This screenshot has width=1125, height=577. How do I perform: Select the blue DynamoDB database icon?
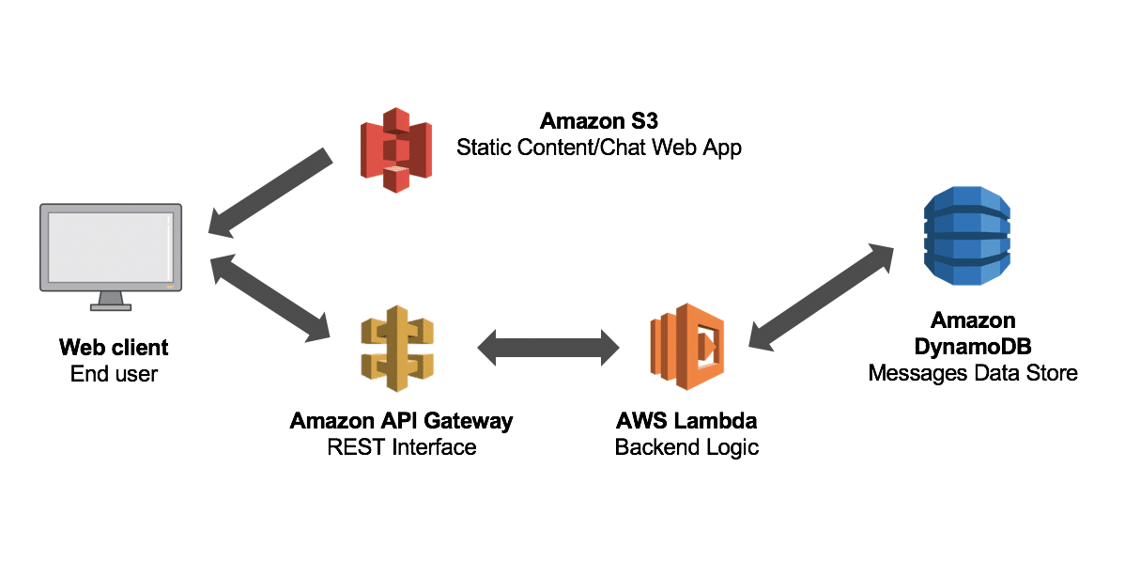tap(966, 235)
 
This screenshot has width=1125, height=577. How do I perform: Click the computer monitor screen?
tap(110, 246)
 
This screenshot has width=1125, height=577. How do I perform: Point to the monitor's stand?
tap(111, 302)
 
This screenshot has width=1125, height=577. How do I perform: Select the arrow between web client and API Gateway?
tap(271, 296)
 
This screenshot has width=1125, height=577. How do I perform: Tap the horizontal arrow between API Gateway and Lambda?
tap(548, 348)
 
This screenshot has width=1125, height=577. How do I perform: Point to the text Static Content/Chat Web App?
tap(599, 148)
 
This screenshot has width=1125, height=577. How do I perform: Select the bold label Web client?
tap(114, 347)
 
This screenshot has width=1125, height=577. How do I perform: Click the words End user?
tap(114, 374)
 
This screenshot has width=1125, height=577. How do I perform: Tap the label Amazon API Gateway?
tap(402, 420)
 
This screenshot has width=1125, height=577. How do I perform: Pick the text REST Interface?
tap(402, 447)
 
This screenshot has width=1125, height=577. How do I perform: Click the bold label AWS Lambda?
tap(686, 420)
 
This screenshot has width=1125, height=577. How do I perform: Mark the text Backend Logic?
tap(686, 447)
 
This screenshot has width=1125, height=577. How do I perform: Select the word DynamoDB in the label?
tap(973, 347)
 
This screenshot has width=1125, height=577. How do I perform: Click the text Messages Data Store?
tap(973, 374)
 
